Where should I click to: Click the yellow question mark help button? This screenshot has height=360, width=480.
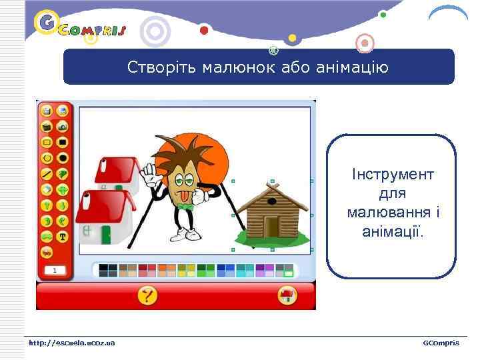tap(147, 295)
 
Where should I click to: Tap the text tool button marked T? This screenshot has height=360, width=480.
tap(63, 235)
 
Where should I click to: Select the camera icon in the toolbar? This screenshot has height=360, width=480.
tap(63, 126)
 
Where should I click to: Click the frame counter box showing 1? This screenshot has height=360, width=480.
tap(55, 270)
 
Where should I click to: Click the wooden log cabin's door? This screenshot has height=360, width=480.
tap(271, 226)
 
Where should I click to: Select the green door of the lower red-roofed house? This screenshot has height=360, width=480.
tap(106, 234)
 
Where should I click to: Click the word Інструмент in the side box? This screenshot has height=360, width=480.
tap(393, 175)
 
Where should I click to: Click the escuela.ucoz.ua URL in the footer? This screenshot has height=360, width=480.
tap(71, 343)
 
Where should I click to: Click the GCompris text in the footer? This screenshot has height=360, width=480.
tap(441, 343)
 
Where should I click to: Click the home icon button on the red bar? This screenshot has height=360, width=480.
tap(287, 295)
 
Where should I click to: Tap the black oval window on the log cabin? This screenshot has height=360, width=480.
tap(271, 199)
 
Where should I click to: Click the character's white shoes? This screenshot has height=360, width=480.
tap(187, 234)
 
